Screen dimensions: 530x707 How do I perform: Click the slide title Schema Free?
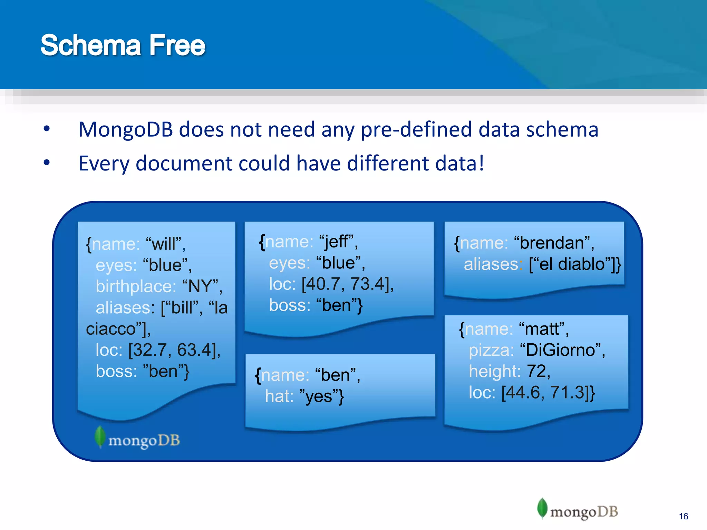(x=123, y=45)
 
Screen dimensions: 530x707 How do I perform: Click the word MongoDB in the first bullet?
(x=125, y=130)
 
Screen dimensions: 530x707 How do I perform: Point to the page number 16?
(x=683, y=516)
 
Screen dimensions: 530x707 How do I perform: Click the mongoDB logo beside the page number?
(x=578, y=510)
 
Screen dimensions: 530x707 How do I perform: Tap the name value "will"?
(x=165, y=244)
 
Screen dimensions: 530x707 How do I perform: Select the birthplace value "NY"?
(x=201, y=286)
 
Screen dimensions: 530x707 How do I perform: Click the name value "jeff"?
(x=338, y=242)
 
